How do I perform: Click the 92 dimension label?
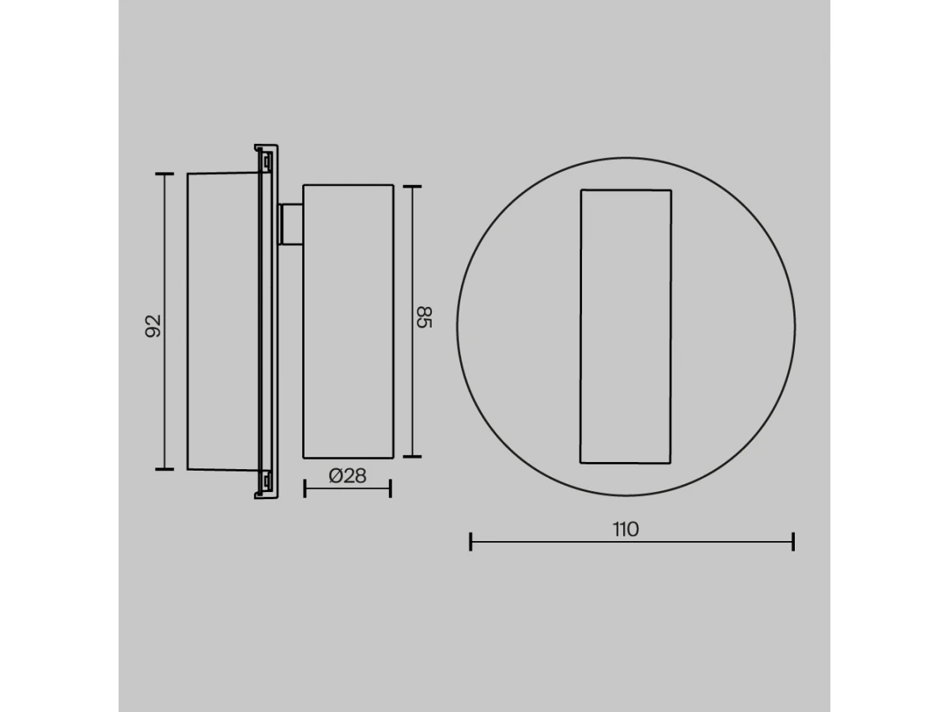[x=153, y=326]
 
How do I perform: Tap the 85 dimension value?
[x=424, y=318]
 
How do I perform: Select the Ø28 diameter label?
[x=348, y=476]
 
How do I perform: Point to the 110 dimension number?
[x=626, y=529]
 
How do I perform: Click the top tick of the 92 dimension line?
[x=164, y=174]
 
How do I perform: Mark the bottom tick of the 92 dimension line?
[x=164, y=469]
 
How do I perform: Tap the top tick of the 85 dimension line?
[x=412, y=187]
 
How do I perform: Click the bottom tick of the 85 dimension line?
[x=412, y=456]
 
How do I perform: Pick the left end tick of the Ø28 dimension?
[x=304, y=488]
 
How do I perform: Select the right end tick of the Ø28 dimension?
[x=391, y=488]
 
